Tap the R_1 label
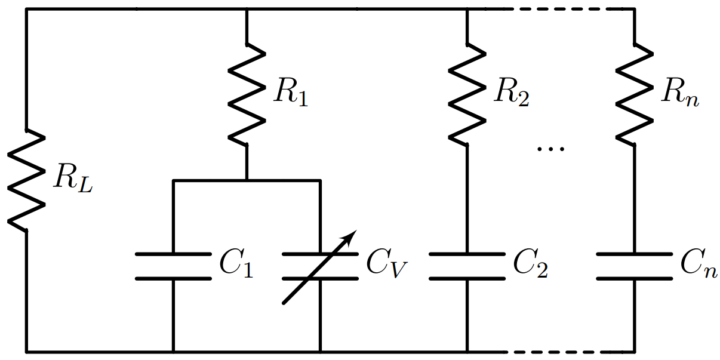click(291, 94)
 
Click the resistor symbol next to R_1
click(247, 94)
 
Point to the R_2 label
click(512, 94)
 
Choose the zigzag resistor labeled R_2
click(467, 94)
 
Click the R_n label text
click(680, 94)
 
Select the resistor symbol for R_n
click(634, 94)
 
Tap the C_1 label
click(236, 266)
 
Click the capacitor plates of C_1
click(173, 266)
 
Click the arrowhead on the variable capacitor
click(350, 236)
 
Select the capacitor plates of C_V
click(320, 266)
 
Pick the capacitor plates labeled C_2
click(467, 266)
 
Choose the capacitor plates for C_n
click(634, 266)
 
